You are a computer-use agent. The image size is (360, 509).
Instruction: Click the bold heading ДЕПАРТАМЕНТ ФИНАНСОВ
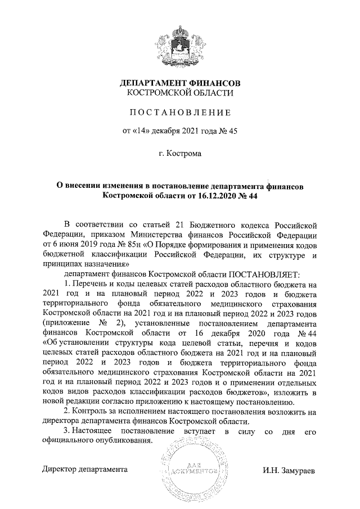pyautogui.click(x=181, y=83)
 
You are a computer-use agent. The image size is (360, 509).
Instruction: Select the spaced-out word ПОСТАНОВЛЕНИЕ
pyautogui.click(x=181, y=113)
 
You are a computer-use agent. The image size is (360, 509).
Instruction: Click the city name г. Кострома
pyautogui.click(x=180, y=153)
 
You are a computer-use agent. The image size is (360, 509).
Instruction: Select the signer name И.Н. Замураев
pyautogui.click(x=289, y=469)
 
